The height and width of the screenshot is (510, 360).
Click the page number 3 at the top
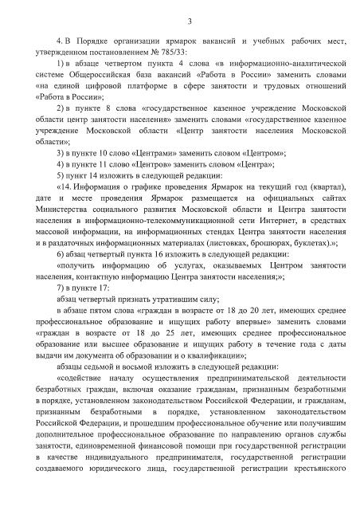click(179, 20)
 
